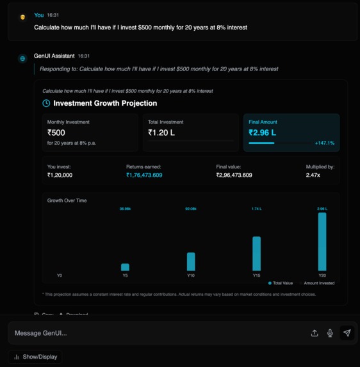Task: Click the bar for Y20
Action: coord(322,241)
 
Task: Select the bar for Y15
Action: coord(256,254)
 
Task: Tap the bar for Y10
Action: coord(191,261)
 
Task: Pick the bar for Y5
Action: coord(125,267)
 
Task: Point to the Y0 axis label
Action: coord(60,275)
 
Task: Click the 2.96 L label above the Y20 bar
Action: coord(322,209)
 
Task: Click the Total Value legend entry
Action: coord(281,282)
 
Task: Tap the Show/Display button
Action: coord(36,357)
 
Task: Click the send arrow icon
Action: coord(347,333)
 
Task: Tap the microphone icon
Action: coord(330,333)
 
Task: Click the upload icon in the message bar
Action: coord(315,333)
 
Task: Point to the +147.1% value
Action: coord(325,143)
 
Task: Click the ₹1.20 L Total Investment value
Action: coord(161,133)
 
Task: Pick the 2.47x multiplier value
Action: coord(313,175)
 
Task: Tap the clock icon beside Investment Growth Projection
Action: coord(46,103)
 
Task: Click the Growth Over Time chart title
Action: coord(67,200)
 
